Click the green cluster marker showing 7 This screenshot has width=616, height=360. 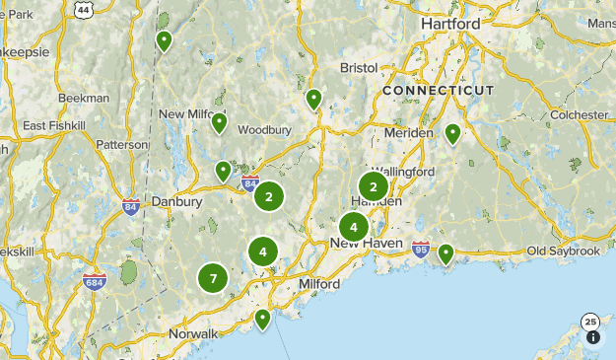coord(213,279)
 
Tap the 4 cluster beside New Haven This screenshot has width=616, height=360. coord(354,227)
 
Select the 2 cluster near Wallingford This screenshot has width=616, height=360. coord(374,185)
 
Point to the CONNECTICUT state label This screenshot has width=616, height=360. coord(438,90)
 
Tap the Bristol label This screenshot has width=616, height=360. coord(358,68)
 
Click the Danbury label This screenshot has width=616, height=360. coord(176,201)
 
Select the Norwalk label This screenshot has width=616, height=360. coord(192,333)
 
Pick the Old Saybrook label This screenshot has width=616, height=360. coord(563,252)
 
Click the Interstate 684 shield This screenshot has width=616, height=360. coord(95,281)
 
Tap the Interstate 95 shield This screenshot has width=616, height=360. coord(421,248)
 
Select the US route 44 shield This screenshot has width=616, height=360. coord(85,9)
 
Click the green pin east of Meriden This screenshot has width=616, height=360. coord(452,132)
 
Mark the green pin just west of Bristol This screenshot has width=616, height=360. coord(313,99)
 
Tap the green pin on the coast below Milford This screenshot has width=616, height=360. coord(262,319)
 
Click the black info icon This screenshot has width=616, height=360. coord(593,337)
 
